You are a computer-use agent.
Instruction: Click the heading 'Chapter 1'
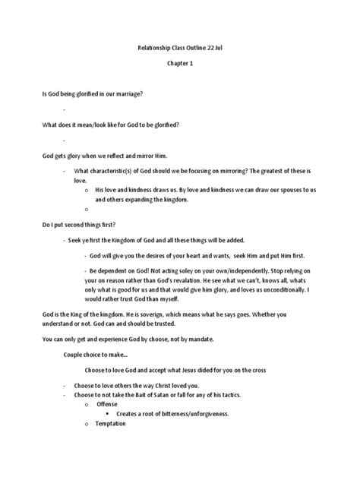180,64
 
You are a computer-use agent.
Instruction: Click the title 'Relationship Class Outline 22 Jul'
180,47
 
